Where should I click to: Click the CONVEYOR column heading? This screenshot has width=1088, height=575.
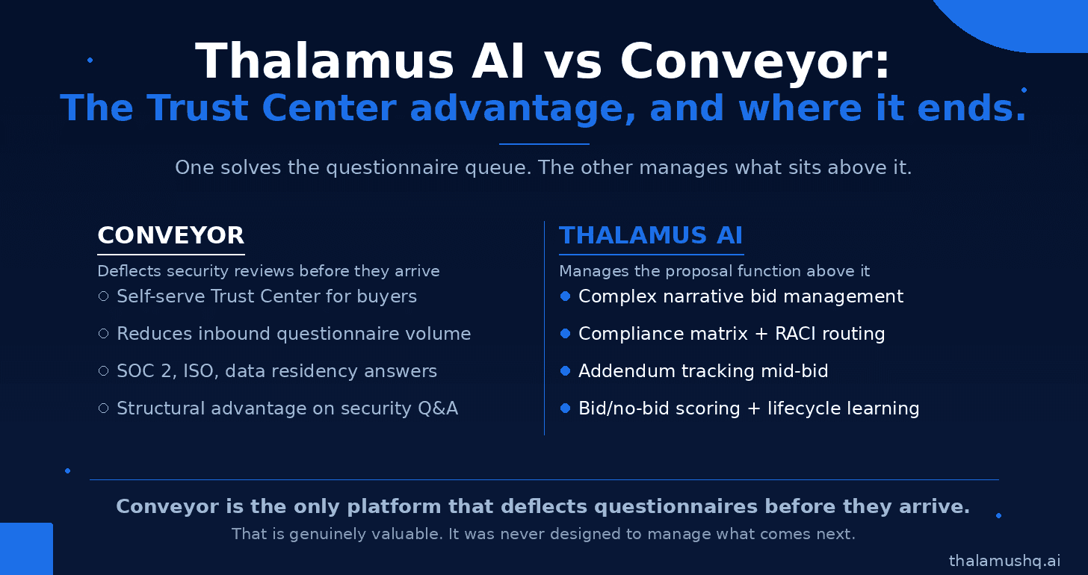(x=170, y=235)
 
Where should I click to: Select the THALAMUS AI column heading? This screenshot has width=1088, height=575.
(x=651, y=235)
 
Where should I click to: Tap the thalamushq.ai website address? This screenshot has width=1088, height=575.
(x=1004, y=561)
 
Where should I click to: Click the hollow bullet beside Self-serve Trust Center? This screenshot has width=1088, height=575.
(x=103, y=296)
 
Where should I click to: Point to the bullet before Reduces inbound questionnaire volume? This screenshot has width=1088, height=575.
(x=103, y=333)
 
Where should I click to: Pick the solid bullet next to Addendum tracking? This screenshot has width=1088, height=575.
(x=565, y=370)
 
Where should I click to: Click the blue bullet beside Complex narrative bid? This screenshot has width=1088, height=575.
(x=565, y=296)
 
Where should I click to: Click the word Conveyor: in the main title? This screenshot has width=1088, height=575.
(x=755, y=61)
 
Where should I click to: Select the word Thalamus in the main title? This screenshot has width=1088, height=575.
(x=324, y=61)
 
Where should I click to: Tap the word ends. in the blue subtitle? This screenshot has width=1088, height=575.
(x=971, y=108)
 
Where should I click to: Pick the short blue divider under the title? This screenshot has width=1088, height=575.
(x=544, y=144)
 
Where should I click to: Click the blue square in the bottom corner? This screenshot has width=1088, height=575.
(x=26, y=549)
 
